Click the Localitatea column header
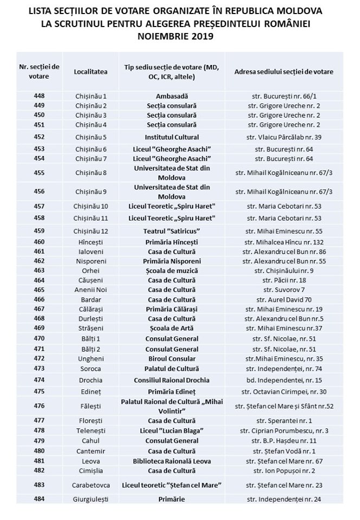[x=89, y=71]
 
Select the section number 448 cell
[x=39, y=96]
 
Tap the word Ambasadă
[x=172, y=96]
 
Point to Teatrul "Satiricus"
[x=172, y=231]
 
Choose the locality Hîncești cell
[x=89, y=242]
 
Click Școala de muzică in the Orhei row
[x=172, y=270]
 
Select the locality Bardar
[x=89, y=299]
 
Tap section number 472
[x=39, y=359]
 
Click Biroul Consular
[x=172, y=359]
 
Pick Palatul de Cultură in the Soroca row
[x=172, y=368]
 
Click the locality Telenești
[x=89, y=431]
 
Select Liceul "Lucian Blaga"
[x=172, y=431]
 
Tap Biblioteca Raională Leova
[x=172, y=461]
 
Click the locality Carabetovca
[x=89, y=484]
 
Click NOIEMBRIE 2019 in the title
[x=179, y=37]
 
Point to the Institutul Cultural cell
[x=172, y=137]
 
